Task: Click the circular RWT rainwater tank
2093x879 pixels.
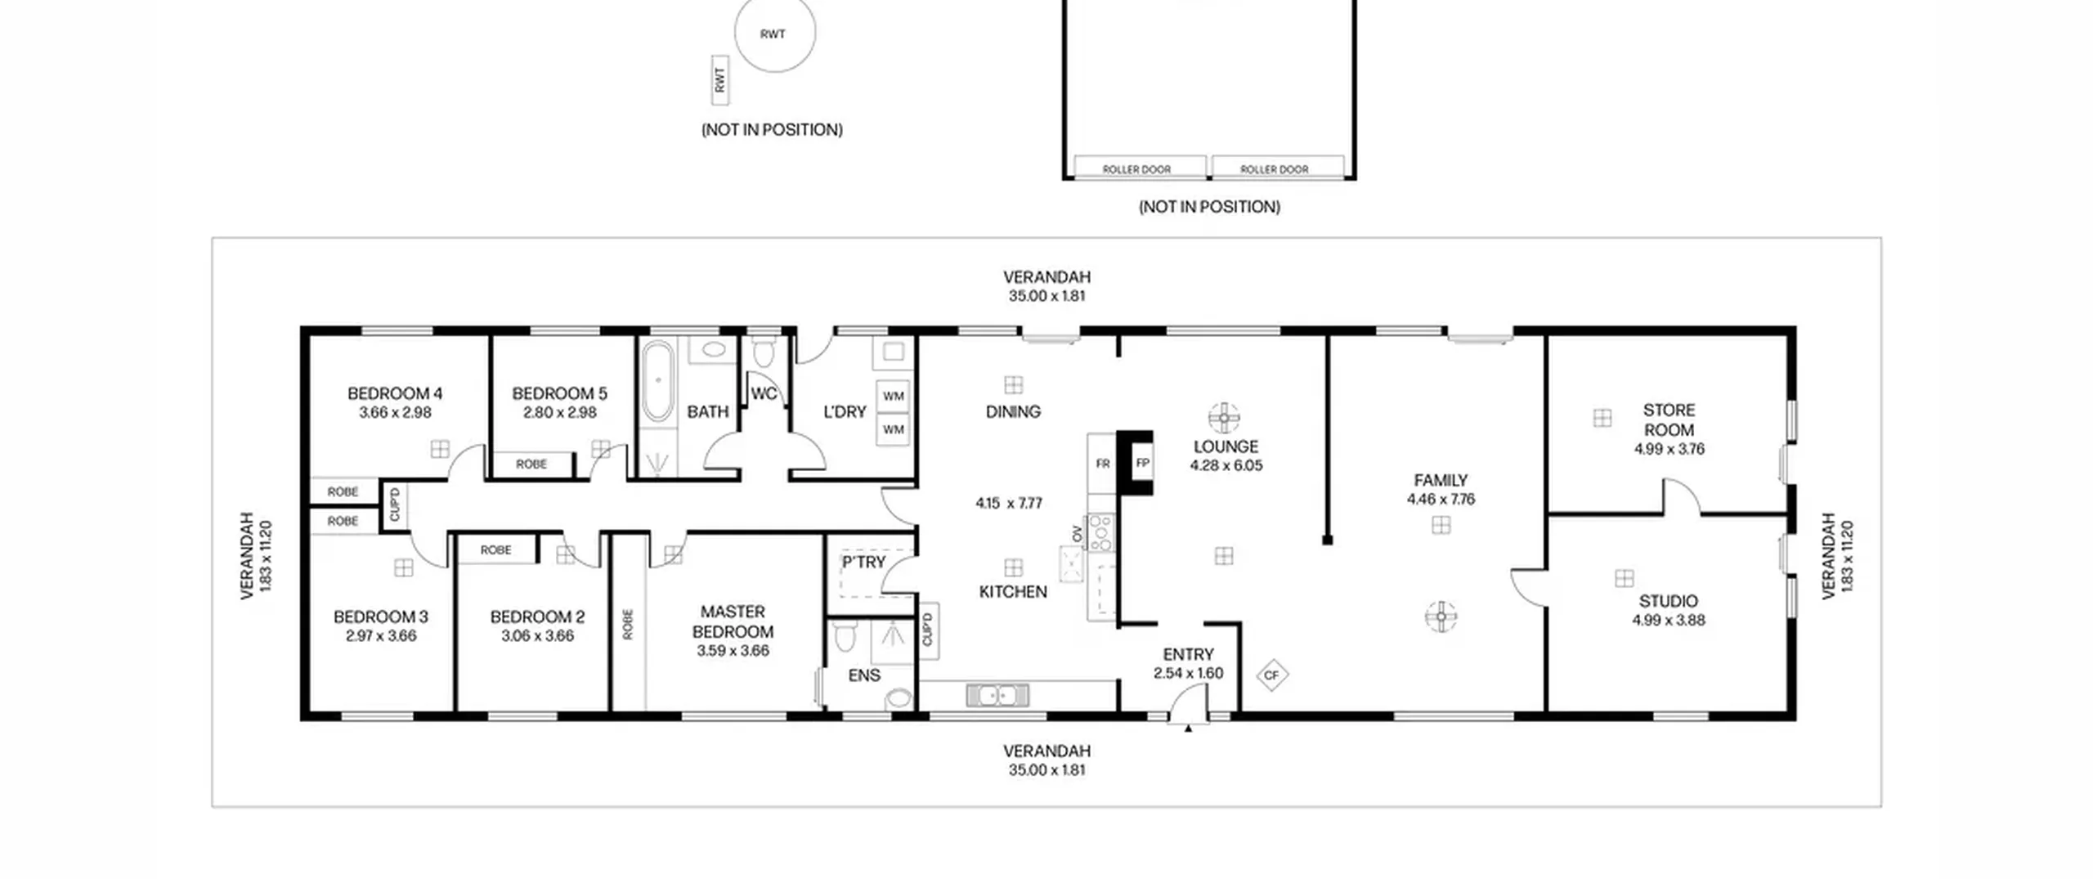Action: click(774, 34)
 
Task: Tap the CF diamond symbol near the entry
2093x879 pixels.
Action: click(1271, 675)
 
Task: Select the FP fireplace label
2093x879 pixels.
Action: click(1143, 463)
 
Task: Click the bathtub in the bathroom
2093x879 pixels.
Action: click(657, 382)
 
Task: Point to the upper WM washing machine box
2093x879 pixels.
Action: click(893, 397)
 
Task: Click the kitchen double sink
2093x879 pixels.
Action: click(997, 695)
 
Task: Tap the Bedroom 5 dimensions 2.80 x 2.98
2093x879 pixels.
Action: click(560, 413)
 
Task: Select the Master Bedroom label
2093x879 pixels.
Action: click(733, 621)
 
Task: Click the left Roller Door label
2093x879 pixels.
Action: click(1136, 169)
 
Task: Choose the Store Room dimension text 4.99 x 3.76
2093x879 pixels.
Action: click(1669, 449)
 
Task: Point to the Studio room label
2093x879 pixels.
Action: click(1668, 601)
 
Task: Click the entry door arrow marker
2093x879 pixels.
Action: click(1188, 728)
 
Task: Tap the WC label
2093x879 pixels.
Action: click(764, 394)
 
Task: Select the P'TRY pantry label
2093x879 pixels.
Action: click(863, 563)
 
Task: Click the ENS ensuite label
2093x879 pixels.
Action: click(863, 675)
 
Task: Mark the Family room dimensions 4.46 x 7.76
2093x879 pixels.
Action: click(1441, 500)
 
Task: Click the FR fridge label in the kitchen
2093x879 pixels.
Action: click(1102, 464)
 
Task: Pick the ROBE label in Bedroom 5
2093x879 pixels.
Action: click(531, 464)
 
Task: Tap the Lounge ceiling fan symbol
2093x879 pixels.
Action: click(1224, 418)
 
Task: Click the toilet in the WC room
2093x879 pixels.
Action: click(764, 352)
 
